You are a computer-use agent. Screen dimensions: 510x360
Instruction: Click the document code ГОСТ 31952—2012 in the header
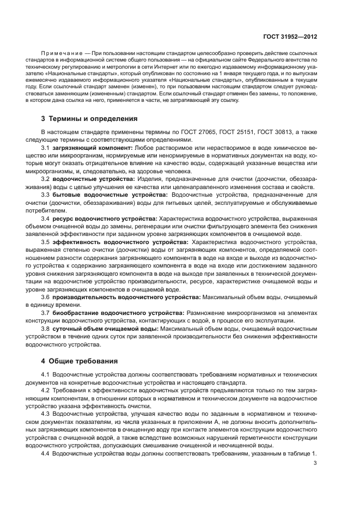[290, 37]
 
